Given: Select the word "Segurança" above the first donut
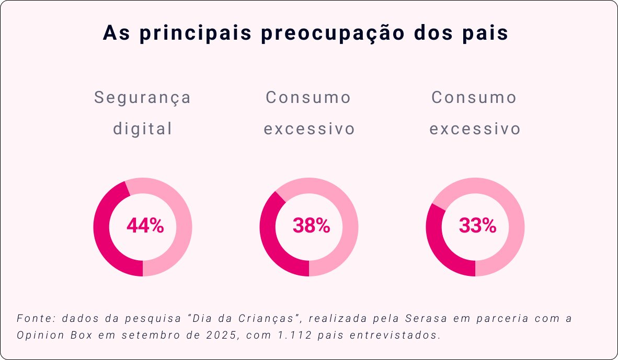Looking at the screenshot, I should coord(143,98).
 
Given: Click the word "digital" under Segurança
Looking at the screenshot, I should coord(143,129).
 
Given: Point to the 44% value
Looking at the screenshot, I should coord(145,226).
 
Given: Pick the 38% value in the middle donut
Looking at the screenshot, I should coord(311,226).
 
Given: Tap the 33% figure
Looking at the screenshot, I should coord(477,226).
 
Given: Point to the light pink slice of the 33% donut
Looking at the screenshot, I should coord(515,219).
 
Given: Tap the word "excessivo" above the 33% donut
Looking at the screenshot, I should coord(475,129).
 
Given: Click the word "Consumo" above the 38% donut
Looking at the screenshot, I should coord(308,98).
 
